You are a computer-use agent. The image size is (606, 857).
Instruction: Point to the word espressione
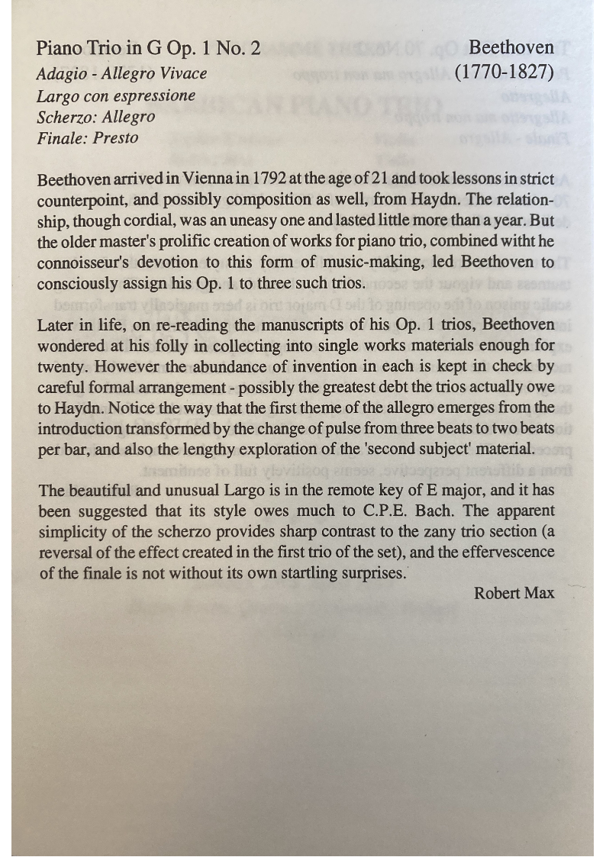point(154,96)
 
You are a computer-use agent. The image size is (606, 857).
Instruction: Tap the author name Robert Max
point(514,593)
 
